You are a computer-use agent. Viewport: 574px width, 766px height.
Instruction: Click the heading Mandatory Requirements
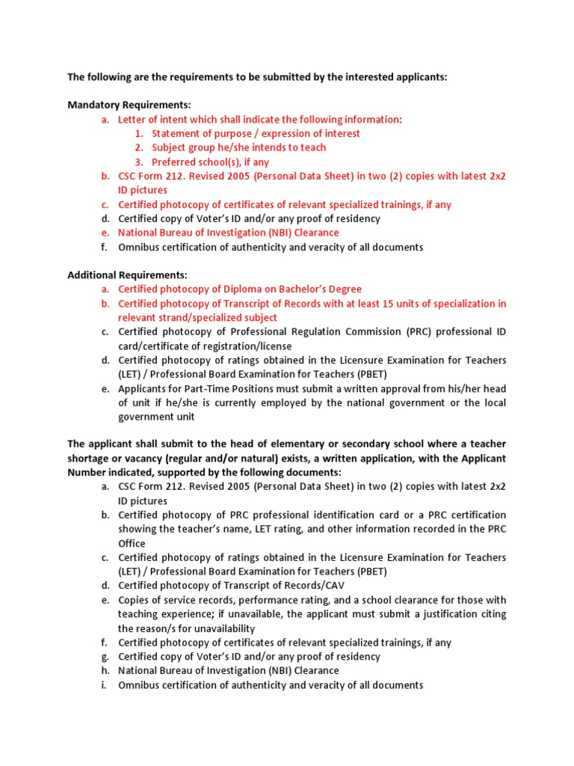pyautogui.click(x=129, y=105)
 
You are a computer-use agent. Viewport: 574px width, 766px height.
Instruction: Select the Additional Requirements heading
pyautogui.click(x=127, y=275)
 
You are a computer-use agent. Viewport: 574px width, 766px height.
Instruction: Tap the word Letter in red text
pyautogui.click(x=132, y=119)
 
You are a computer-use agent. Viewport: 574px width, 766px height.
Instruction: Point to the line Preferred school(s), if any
pyautogui.click(x=210, y=162)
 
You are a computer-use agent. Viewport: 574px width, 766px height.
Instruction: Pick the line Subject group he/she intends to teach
pyautogui.click(x=238, y=147)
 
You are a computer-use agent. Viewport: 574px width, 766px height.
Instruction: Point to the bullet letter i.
pyautogui.click(x=103, y=685)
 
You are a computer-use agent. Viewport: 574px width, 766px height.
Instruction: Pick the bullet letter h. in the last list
pyautogui.click(x=104, y=671)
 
